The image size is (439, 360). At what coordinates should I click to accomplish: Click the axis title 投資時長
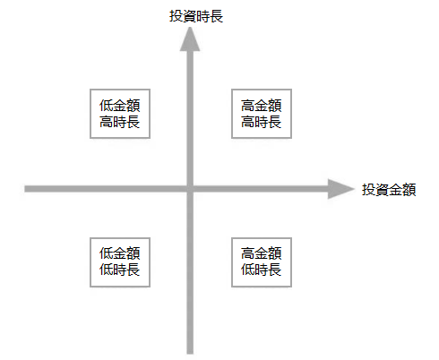[196, 16]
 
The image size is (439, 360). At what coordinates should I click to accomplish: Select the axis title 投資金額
[389, 190]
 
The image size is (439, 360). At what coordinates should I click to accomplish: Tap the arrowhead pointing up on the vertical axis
[190, 39]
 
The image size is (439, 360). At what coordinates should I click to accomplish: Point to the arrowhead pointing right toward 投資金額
[340, 189]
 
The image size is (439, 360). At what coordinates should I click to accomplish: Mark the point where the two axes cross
[190, 189]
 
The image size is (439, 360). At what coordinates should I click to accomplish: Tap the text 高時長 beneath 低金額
[120, 122]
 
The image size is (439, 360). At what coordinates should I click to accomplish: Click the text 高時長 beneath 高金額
[262, 122]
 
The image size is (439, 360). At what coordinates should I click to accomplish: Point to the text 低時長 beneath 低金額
[120, 270]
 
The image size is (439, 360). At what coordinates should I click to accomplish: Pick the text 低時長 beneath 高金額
[262, 270]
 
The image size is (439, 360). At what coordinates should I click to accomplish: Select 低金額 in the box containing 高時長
[120, 106]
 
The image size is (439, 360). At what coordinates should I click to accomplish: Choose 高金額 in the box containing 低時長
[262, 253]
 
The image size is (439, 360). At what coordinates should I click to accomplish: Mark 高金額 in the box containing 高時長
[262, 106]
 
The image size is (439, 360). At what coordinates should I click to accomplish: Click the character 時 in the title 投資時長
[203, 16]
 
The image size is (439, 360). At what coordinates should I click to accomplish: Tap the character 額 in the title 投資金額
[409, 190]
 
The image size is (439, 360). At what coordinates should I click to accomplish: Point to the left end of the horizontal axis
[25, 189]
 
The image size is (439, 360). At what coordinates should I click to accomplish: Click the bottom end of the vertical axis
[190, 354]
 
